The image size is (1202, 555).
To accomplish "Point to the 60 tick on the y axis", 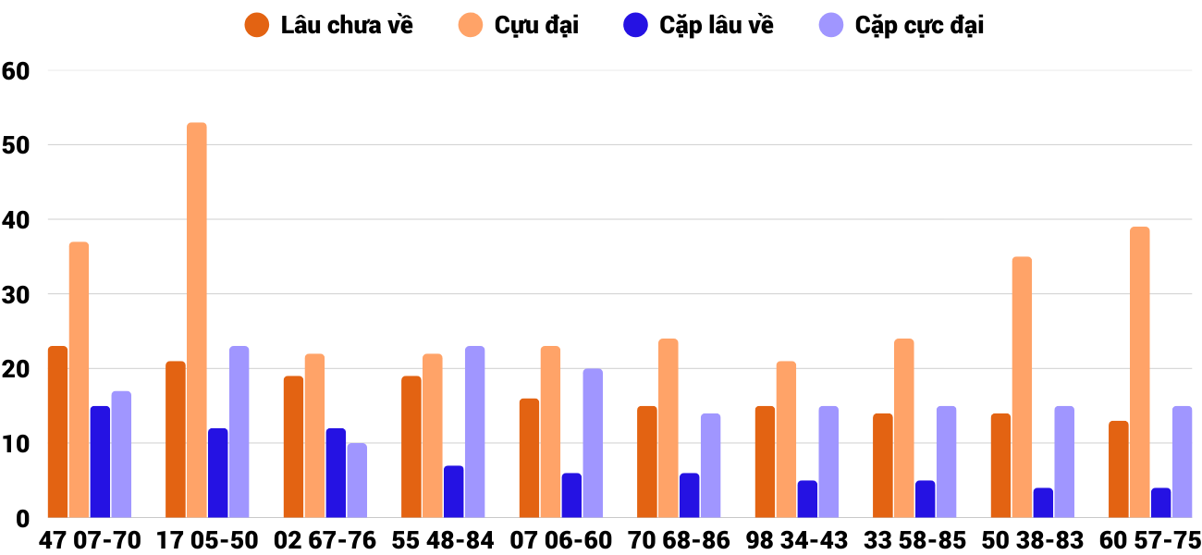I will [x=18, y=70].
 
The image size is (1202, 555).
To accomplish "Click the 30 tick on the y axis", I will [x=18, y=294].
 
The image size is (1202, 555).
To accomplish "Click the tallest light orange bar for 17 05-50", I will [x=197, y=320].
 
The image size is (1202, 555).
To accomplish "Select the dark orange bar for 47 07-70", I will [x=58, y=432].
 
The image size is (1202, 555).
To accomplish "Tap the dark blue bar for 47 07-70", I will [x=100, y=462].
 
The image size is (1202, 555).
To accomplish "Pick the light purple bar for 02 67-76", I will [x=357, y=480].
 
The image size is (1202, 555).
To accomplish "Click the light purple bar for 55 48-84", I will [x=475, y=432].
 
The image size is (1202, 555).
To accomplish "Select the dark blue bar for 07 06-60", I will [x=571, y=495].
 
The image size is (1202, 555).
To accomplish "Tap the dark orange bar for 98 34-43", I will [x=766, y=462].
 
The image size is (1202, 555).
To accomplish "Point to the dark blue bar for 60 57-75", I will [x=1161, y=502].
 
